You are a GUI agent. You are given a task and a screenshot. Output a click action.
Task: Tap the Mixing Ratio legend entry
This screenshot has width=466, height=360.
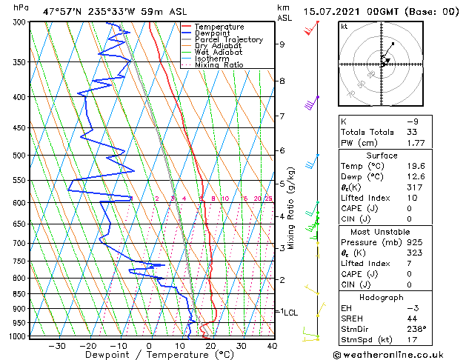(x=219, y=64)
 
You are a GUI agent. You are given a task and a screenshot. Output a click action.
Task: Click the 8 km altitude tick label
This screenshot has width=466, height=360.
(x=282, y=80)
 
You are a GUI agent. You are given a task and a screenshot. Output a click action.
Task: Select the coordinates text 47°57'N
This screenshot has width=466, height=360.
(x=62, y=11)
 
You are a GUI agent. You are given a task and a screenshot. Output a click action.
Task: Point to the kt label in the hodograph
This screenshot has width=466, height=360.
(x=344, y=26)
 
